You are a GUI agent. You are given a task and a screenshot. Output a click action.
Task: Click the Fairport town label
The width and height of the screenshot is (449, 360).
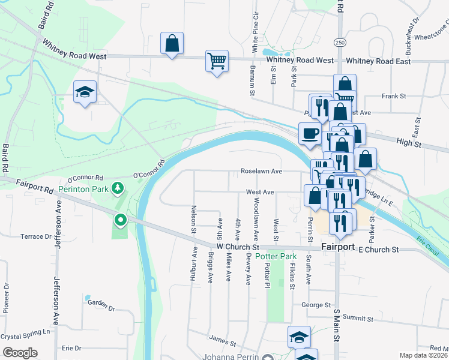(x=339, y=247)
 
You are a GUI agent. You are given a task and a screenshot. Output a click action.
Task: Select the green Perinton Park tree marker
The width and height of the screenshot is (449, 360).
(x=119, y=188)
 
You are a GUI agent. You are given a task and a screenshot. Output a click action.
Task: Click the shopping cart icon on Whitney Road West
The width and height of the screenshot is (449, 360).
(x=217, y=60)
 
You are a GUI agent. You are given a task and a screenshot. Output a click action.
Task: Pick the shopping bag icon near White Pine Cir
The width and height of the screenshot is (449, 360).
(x=172, y=43)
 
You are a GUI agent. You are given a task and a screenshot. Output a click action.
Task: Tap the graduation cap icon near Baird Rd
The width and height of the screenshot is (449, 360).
(x=85, y=92)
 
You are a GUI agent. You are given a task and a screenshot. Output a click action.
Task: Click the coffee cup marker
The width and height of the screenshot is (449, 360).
(x=310, y=133)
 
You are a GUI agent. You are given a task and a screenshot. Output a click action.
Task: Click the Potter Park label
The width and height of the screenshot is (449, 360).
(x=276, y=256)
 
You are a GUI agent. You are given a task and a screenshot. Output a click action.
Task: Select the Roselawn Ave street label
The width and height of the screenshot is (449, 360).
(x=261, y=171)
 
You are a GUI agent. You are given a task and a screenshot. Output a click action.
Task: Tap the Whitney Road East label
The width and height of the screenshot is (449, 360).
(x=378, y=61)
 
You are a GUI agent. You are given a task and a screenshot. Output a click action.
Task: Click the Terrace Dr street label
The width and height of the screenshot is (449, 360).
(x=35, y=236)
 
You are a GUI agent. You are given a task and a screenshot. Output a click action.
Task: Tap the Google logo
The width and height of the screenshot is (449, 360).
(x=20, y=353)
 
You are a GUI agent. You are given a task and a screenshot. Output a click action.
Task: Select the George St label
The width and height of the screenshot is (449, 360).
(x=316, y=305)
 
